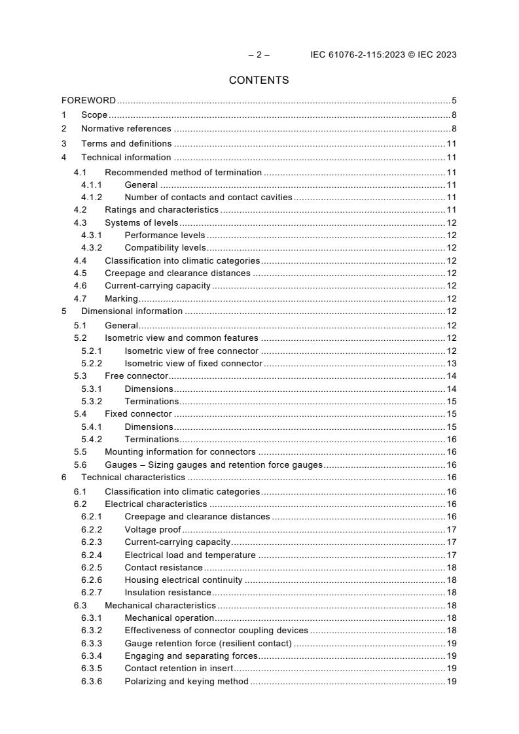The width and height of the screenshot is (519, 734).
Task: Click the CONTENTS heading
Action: pos(259,80)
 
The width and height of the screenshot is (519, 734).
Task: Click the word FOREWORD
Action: pos(88,101)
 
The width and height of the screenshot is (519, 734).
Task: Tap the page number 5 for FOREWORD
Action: pos(454,101)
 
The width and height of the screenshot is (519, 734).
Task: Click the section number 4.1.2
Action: pos(92,197)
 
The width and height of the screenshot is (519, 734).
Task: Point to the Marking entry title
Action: pos(121,299)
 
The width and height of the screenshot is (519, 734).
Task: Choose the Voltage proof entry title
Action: pos(152,529)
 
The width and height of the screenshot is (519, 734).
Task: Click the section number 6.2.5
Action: pos(92,567)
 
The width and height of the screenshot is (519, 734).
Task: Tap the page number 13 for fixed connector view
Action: pos(452,363)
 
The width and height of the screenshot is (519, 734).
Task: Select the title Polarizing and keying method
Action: pos(187,682)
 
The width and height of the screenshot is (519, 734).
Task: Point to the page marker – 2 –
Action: pos(259,55)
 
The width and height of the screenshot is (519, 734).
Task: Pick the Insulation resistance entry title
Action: pos(168,593)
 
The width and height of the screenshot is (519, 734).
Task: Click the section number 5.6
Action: pos(80,465)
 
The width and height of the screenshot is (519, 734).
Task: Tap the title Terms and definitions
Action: pos(126,143)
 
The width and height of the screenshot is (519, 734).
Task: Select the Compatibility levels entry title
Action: pos(165,248)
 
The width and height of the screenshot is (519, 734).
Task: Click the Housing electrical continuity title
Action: pos(183,580)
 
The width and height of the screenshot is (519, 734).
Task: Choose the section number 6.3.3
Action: pos(92,644)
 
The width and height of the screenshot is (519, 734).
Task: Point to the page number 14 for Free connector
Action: pos(452,376)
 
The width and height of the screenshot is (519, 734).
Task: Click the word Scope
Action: pos(94,115)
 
